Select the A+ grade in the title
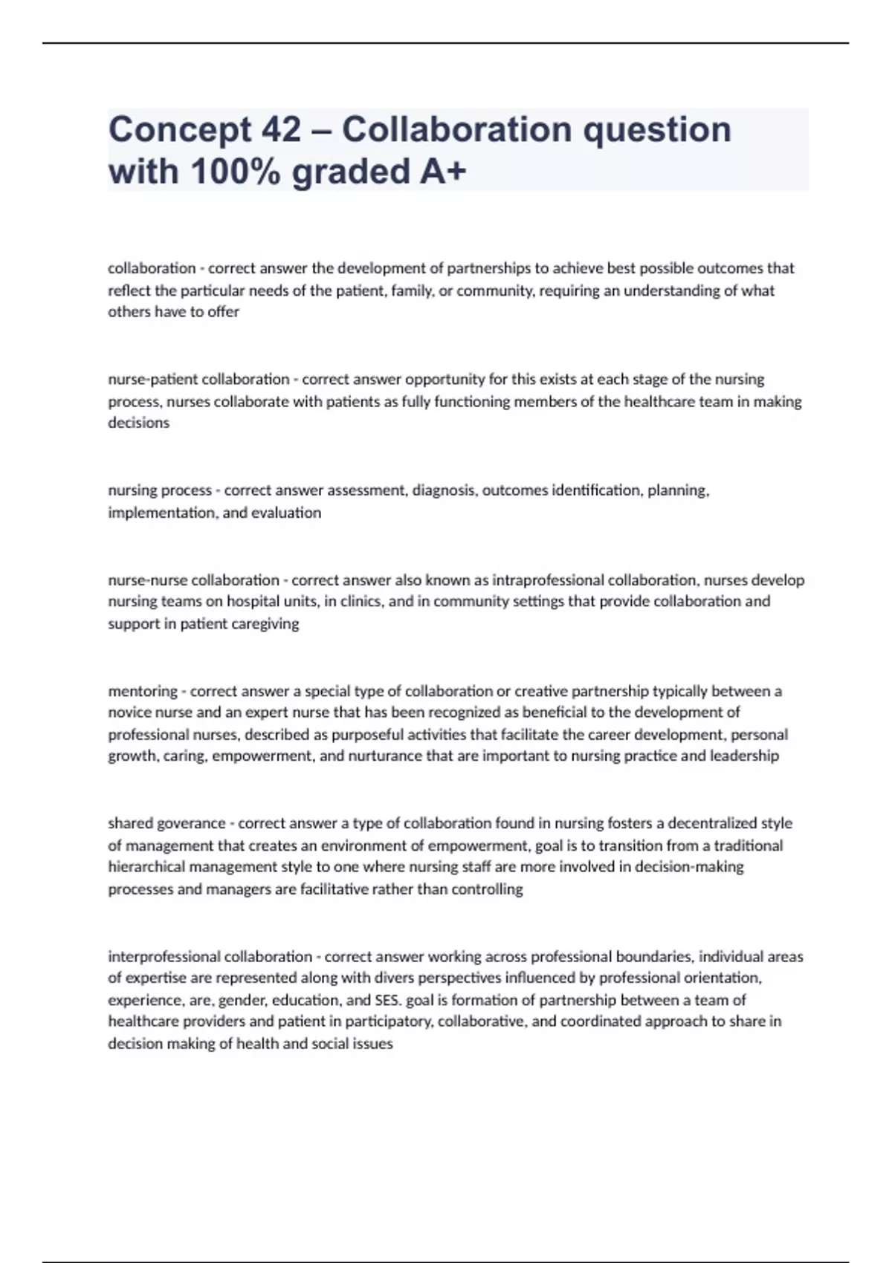tap(443, 172)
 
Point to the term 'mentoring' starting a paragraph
tap(143, 691)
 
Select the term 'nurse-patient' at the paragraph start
tap(153, 379)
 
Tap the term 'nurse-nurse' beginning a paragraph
tap(149, 579)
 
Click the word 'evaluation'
tap(286, 513)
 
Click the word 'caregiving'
tap(265, 623)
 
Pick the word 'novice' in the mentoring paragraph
tap(130, 712)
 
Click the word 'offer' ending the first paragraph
tap(223, 312)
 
